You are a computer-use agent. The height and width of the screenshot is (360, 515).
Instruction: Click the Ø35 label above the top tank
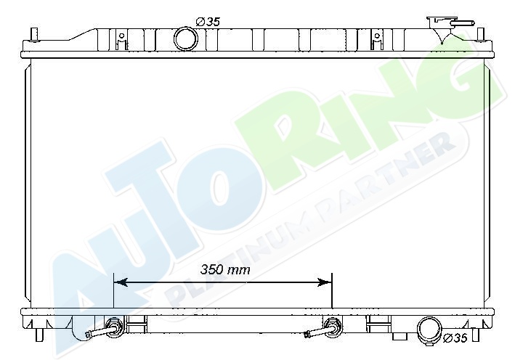208,22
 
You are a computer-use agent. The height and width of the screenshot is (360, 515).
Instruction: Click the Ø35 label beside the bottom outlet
455,337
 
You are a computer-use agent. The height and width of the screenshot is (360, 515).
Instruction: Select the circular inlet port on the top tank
185,39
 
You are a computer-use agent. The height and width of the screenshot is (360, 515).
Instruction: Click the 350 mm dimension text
225,270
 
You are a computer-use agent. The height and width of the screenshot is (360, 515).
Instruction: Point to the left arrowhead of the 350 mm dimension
120,282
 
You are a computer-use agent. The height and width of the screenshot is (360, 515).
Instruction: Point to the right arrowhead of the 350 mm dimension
325,282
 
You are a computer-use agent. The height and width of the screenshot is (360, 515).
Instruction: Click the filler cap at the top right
442,22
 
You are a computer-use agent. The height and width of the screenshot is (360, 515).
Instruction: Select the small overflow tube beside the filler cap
464,23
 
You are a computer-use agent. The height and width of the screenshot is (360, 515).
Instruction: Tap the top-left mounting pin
34,34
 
